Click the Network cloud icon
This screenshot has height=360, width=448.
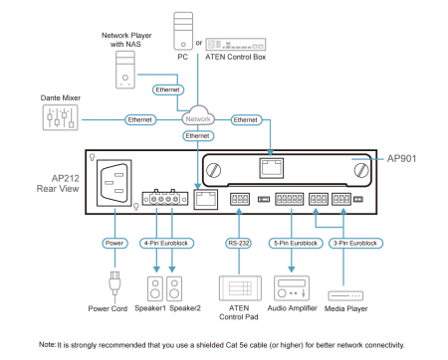[x=198, y=115]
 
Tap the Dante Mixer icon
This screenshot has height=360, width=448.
[x=60, y=117]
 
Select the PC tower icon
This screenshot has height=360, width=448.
[x=183, y=31]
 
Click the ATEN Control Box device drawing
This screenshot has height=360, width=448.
[x=236, y=44]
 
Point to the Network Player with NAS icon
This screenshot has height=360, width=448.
[x=125, y=70]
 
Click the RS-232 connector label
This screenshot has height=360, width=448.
[x=239, y=243]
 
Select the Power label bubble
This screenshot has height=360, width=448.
[x=114, y=243]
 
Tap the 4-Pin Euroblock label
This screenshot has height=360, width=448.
[x=166, y=243]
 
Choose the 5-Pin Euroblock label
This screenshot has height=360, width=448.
[x=296, y=243]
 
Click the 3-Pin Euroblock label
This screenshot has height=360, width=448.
[x=355, y=243]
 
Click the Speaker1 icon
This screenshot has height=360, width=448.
[x=155, y=288]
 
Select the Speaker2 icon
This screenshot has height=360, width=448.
[x=174, y=288]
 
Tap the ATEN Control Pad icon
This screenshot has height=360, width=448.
[x=240, y=288]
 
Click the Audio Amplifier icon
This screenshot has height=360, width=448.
[x=292, y=288]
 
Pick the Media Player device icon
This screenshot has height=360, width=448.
[x=345, y=295]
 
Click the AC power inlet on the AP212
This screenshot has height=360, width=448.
[x=113, y=183]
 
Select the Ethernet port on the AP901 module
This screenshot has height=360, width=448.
[x=271, y=168]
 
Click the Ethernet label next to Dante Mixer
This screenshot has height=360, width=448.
[x=140, y=119]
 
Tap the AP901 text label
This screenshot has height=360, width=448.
[x=401, y=158]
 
